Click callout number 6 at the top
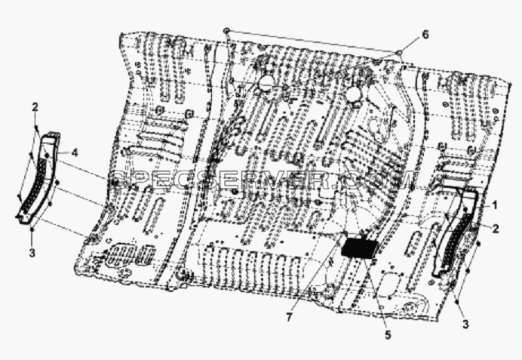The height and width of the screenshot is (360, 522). pyautogui.click(x=425, y=35)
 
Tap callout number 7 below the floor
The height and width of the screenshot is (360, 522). pyautogui.click(x=289, y=318)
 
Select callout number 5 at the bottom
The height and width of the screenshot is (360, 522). pyautogui.click(x=388, y=334)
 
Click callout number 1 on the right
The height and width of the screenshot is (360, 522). pyautogui.click(x=495, y=205)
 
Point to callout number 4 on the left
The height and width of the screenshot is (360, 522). pyautogui.click(x=75, y=153)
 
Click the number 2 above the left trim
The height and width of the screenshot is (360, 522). pyautogui.click(x=35, y=107)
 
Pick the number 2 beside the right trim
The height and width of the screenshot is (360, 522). pyautogui.click(x=496, y=229)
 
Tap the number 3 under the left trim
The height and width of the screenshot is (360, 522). pyautogui.click(x=32, y=253)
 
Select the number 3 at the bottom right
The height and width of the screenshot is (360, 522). pyautogui.click(x=465, y=324)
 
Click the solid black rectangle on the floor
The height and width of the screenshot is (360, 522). pyautogui.click(x=360, y=248)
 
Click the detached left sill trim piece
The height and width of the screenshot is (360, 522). pyautogui.click(x=37, y=178)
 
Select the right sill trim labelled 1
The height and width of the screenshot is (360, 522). pyautogui.click(x=455, y=232)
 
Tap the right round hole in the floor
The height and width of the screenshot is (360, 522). pyautogui.click(x=353, y=95)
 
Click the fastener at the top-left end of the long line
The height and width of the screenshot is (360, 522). pyautogui.click(x=226, y=30)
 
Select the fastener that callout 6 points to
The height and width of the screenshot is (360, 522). pyautogui.click(x=399, y=51)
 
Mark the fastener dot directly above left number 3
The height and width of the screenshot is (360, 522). pyautogui.click(x=32, y=229)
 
